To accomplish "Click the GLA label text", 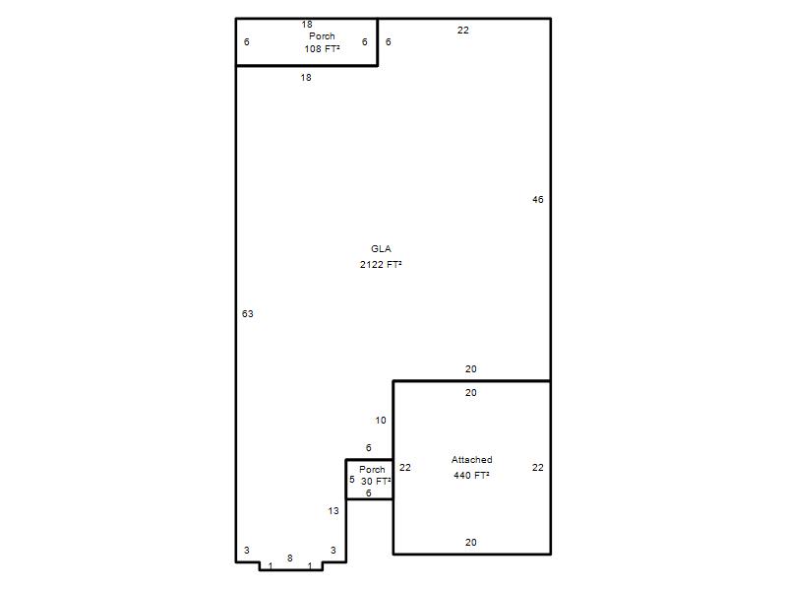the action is [x=381, y=249].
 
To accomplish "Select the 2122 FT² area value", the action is [x=381, y=264].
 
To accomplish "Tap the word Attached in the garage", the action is [x=472, y=459].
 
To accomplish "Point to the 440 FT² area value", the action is [x=471, y=475].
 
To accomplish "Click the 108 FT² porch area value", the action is [x=322, y=48].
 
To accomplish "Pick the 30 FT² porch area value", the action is [x=376, y=481].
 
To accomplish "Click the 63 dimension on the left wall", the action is [x=248, y=313].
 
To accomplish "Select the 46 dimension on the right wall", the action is [x=537, y=200].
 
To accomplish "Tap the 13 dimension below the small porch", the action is [x=333, y=510].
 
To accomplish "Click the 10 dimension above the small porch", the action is [x=381, y=421].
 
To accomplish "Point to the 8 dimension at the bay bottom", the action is [x=289, y=558].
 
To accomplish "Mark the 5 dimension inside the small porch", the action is [x=352, y=480].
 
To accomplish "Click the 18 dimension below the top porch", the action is [x=306, y=78].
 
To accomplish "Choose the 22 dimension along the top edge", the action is [x=462, y=31].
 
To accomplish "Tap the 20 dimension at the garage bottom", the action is [x=470, y=543].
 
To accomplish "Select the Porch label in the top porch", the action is [x=322, y=36].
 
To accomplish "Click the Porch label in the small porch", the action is [x=372, y=470].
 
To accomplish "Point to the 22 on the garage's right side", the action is [x=537, y=467].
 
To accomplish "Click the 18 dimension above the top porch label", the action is [x=307, y=24].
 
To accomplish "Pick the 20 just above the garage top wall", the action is [x=470, y=368].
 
